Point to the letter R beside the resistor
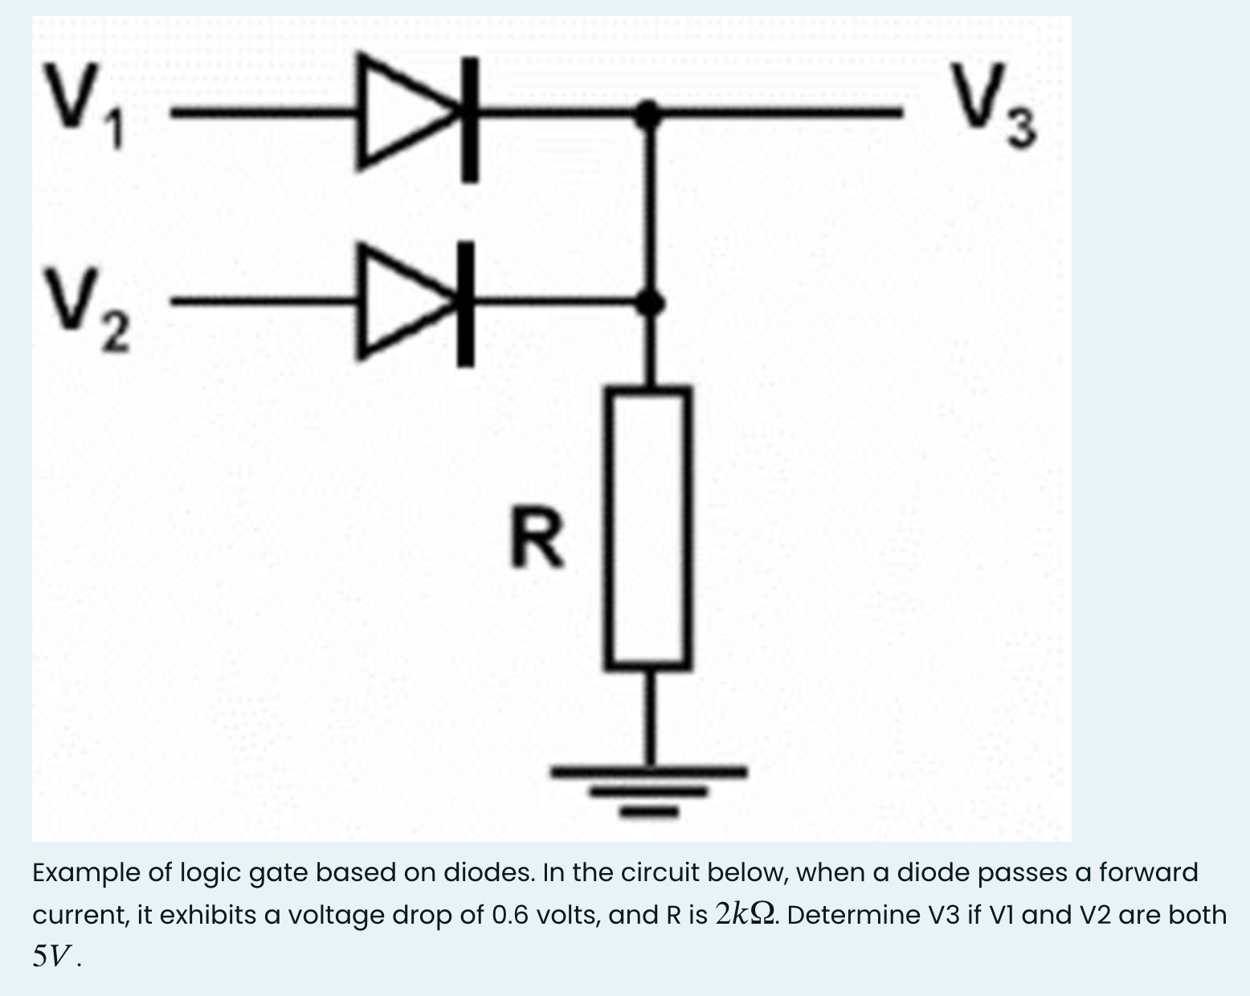pyautogui.click(x=537, y=540)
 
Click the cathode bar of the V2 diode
pyautogui.click(x=465, y=305)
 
